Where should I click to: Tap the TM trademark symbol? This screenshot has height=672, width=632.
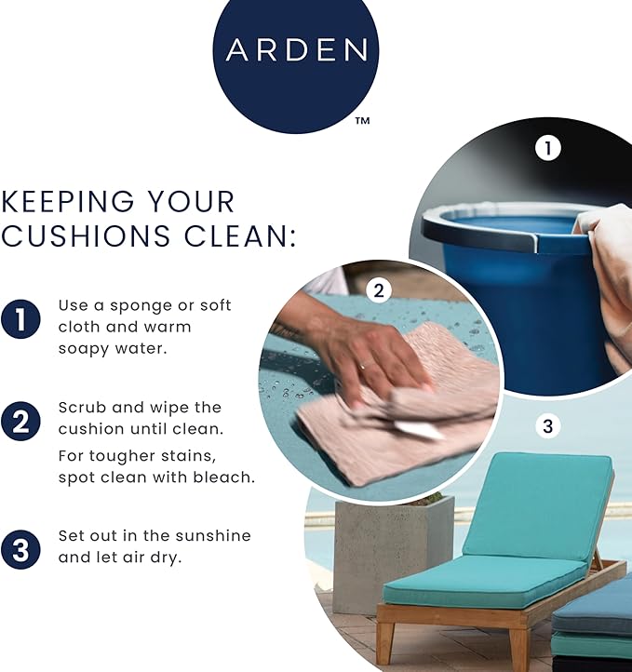point(362,120)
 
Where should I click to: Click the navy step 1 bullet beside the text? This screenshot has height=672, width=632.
point(20,320)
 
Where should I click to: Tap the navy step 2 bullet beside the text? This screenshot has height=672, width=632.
point(20,422)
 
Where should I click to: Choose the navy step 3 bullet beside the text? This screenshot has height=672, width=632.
point(20,548)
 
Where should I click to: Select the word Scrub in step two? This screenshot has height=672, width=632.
point(78,408)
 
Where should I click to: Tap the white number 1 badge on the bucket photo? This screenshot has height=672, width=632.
point(548,147)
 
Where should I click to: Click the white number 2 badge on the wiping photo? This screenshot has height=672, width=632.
point(378,290)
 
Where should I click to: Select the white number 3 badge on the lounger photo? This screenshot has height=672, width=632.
point(547,427)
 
